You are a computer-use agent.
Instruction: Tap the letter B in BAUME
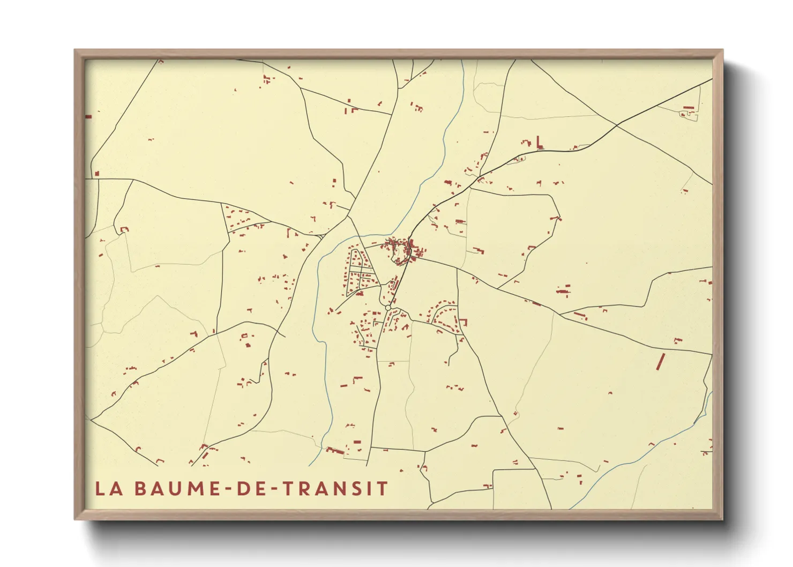click(140, 489)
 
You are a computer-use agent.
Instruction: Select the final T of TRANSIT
click(382, 489)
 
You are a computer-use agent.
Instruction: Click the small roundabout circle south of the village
click(388, 308)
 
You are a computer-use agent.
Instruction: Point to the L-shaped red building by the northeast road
click(539, 142)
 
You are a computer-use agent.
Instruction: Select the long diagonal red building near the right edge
click(661, 362)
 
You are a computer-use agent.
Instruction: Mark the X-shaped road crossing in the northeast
click(616, 125)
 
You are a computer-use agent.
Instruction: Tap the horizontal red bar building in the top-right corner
click(689, 108)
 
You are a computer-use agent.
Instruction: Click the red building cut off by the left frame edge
click(88, 116)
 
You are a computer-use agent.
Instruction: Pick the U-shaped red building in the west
click(125, 229)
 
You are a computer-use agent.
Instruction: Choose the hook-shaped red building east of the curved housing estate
click(463, 322)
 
